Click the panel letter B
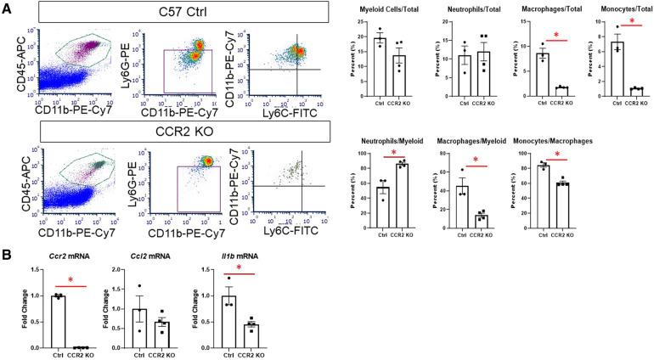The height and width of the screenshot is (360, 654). click(8, 252)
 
